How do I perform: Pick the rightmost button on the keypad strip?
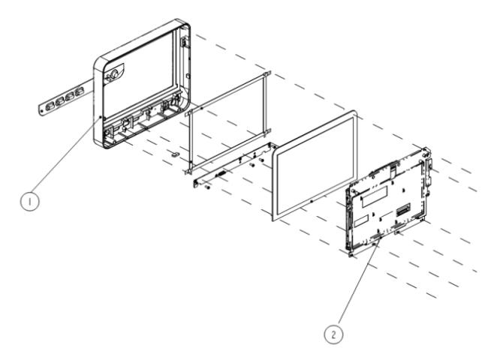pos(79,93)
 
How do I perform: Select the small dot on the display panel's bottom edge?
pos(309,202)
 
